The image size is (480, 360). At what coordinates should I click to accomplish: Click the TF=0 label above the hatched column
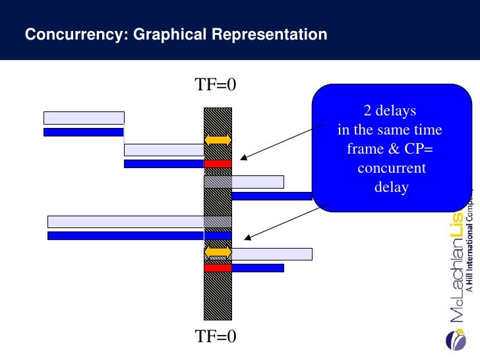tap(215, 85)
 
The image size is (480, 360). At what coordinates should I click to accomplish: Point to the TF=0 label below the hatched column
tap(215, 337)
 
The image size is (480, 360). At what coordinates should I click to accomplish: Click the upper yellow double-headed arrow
tap(218, 140)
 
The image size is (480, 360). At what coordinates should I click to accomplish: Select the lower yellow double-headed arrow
tap(218, 253)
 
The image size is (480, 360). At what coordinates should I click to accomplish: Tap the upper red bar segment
tap(218, 164)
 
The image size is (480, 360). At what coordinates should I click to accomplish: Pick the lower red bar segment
tap(218, 268)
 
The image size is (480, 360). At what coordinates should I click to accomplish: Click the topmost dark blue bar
tap(84, 132)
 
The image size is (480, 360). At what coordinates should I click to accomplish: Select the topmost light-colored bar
tap(84, 118)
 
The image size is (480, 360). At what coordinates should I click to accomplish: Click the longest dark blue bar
tap(139, 235)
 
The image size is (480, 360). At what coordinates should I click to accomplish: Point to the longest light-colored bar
tap(139, 222)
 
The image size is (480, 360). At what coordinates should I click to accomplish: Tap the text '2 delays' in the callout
tap(390, 109)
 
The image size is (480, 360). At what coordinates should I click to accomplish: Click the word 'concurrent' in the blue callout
tap(392, 168)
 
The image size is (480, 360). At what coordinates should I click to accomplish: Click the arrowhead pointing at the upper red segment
tap(243, 158)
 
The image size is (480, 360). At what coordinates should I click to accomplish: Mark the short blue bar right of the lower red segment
tap(258, 268)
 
